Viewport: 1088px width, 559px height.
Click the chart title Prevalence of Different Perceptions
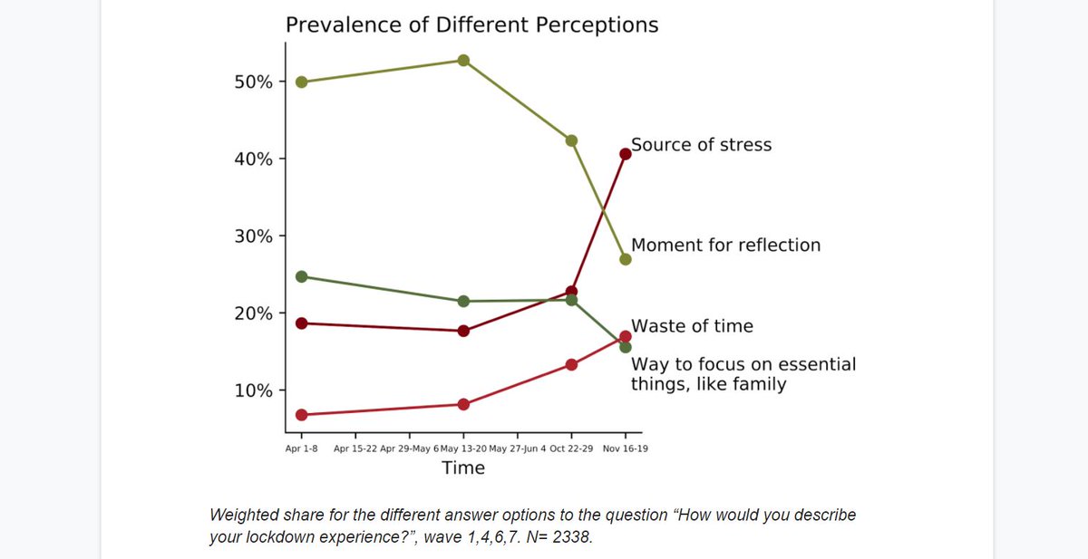[471, 24]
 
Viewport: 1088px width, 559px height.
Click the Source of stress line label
[701, 145]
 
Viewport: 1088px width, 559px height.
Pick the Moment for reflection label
[725, 245]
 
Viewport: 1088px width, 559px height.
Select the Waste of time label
[692, 326]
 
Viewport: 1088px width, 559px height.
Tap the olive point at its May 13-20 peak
[463, 61]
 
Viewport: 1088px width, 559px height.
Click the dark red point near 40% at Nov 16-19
[626, 154]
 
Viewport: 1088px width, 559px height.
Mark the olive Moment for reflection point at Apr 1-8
[302, 82]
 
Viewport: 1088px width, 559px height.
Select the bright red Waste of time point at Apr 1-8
[302, 415]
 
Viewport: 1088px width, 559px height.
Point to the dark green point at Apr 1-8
[302, 276]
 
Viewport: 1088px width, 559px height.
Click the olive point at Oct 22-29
[571, 140]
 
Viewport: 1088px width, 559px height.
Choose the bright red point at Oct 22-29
[571, 364]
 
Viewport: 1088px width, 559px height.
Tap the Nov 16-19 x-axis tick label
[626, 448]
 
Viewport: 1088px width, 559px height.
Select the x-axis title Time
[462, 468]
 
